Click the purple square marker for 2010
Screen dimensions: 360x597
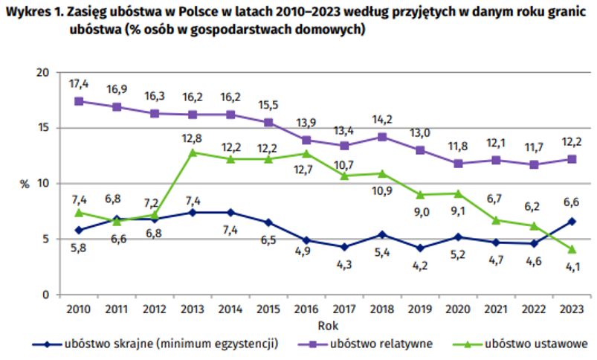[x=80, y=101]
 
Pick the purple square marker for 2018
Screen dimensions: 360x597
[x=381, y=136]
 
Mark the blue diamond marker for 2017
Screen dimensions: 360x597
[x=344, y=247]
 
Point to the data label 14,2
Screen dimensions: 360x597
[x=381, y=120]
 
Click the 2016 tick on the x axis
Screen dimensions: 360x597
[x=306, y=308]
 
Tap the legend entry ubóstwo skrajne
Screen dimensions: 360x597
[x=171, y=344]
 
